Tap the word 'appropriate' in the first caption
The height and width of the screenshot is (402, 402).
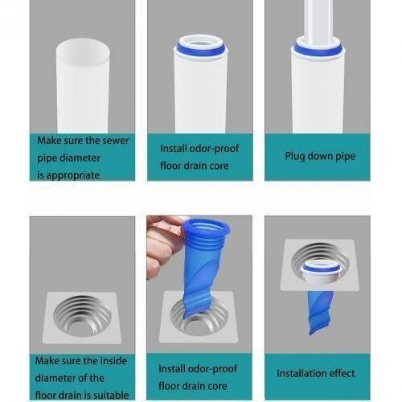pos(68,174)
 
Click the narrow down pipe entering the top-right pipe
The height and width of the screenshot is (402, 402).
pos(318,20)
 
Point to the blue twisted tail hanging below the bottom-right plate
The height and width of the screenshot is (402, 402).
pos(321,310)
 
